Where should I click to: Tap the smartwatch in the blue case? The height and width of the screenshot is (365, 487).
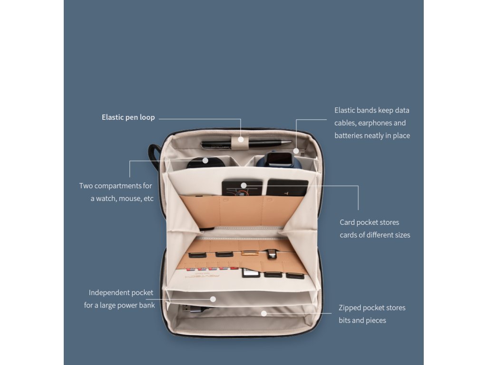pos(279,160)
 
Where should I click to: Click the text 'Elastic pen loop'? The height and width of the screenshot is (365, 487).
pos(128,117)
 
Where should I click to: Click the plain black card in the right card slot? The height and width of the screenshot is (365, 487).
pos(287,188)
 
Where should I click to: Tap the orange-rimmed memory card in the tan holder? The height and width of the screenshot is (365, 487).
pos(248,253)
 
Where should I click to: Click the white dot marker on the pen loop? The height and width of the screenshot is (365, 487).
pos(241,140)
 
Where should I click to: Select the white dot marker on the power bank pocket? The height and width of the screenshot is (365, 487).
pos(213,299)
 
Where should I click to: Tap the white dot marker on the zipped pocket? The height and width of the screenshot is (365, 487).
pos(264,313)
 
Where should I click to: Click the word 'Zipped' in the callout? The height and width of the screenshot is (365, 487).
pos(350,307)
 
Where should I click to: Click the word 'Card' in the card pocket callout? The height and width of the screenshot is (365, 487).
pos(347,222)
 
